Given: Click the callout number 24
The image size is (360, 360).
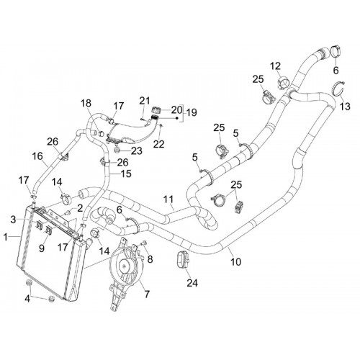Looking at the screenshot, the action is [192, 283].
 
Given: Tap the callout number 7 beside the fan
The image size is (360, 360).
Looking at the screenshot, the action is [147, 294].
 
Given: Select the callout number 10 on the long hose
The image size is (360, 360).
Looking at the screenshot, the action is [235, 262].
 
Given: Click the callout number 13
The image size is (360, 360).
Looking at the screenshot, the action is [345, 106].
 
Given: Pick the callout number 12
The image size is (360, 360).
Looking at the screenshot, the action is [276, 66].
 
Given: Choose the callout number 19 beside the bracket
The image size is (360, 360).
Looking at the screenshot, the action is [192, 112].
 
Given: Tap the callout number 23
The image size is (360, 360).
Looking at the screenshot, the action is [137, 151].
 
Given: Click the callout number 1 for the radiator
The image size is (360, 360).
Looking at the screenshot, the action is [6, 238].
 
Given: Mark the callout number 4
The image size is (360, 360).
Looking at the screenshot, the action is [27, 299].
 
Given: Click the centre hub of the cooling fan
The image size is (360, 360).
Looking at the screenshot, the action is [125, 266].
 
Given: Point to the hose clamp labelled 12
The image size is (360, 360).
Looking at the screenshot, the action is [283, 82].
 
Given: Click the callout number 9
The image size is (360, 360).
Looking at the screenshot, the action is [42, 248].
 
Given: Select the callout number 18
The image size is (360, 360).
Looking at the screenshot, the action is [86, 103].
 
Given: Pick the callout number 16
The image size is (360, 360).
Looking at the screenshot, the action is [37, 156].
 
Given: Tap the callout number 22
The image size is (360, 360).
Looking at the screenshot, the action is [159, 144].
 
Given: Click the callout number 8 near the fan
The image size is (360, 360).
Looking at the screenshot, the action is [150, 259].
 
